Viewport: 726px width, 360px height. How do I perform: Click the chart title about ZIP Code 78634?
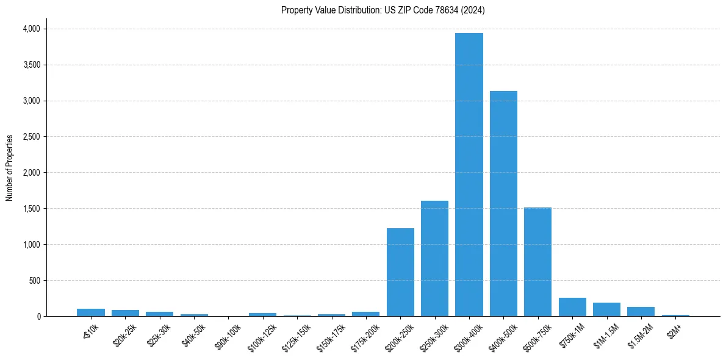[383, 10]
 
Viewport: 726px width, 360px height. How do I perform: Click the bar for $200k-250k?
[400, 272]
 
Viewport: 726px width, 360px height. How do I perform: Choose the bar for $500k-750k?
[537, 262]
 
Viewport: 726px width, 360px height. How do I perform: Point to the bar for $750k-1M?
[572, 307]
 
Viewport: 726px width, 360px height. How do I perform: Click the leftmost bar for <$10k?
[91, 312]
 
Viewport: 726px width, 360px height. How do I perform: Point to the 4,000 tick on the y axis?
[31, 29]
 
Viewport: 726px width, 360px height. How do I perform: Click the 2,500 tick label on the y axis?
[31, 137]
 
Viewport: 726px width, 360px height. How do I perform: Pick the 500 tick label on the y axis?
[34, 281]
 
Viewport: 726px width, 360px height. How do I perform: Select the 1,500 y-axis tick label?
[31, 209]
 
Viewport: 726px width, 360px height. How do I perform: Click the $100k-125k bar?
[262, 314]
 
